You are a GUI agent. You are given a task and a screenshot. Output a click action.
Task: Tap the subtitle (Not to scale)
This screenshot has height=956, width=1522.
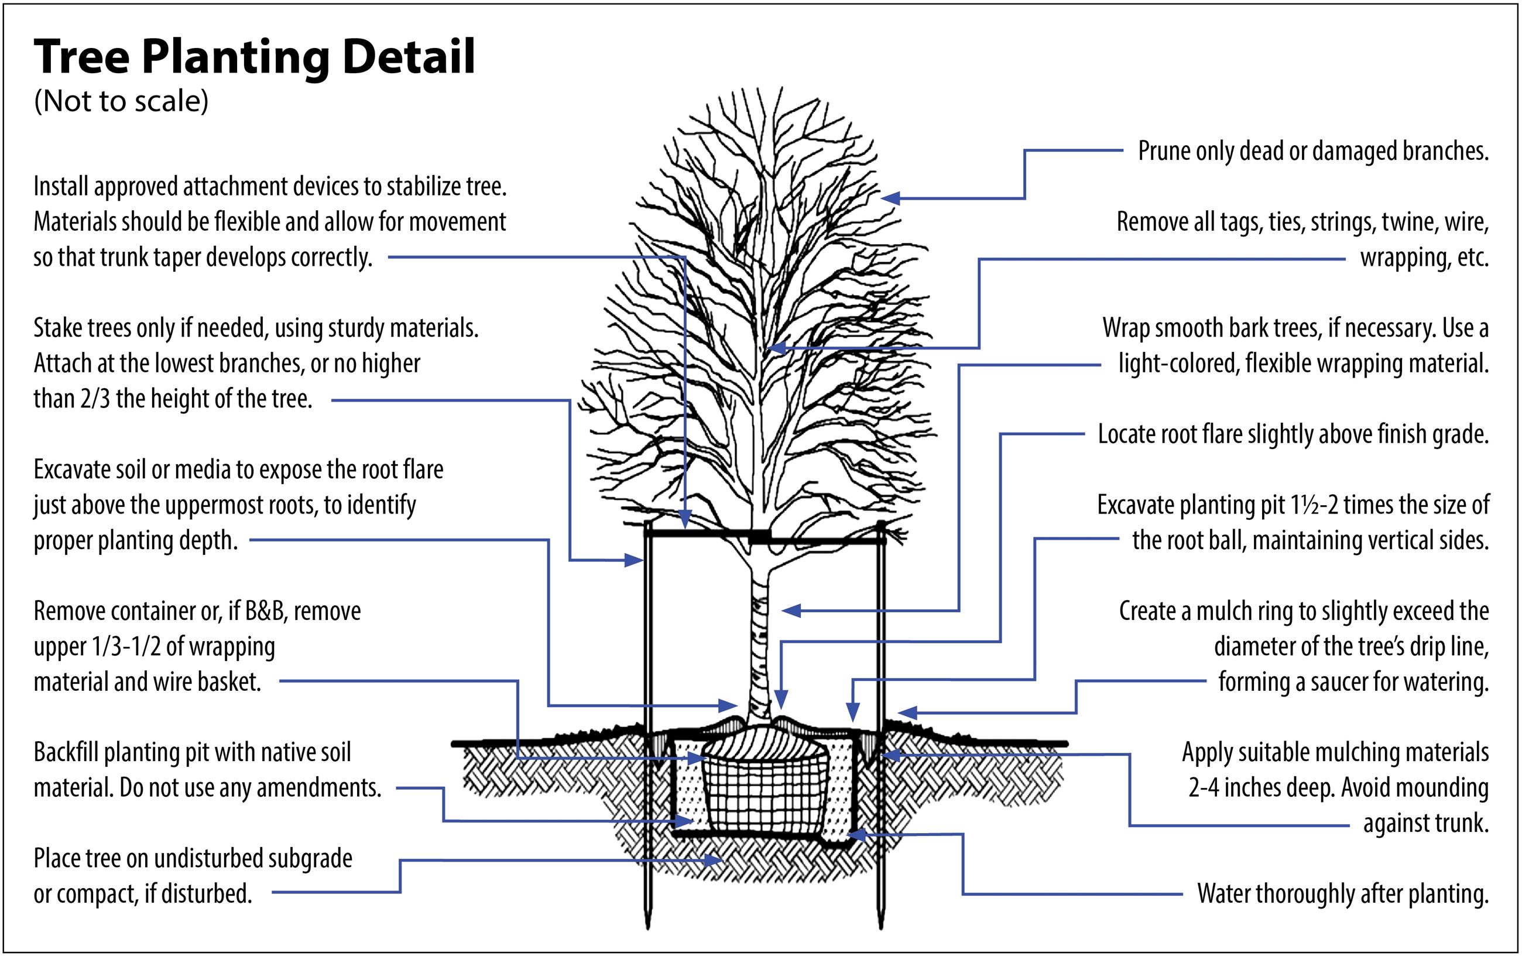pyautogui.click(x=121, y=101)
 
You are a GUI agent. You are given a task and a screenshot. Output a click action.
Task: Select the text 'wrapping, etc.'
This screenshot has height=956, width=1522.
pyautogui.click(x=1424, y=258)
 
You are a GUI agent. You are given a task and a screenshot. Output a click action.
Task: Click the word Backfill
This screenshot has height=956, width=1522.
pyautogui.click(x=65, y=753)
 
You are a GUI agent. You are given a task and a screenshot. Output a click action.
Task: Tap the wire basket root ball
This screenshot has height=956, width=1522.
pyautogui.click(x=765, y=790)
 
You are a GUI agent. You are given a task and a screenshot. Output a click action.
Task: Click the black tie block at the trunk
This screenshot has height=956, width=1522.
pyautogui.click(x=759, y=537)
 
